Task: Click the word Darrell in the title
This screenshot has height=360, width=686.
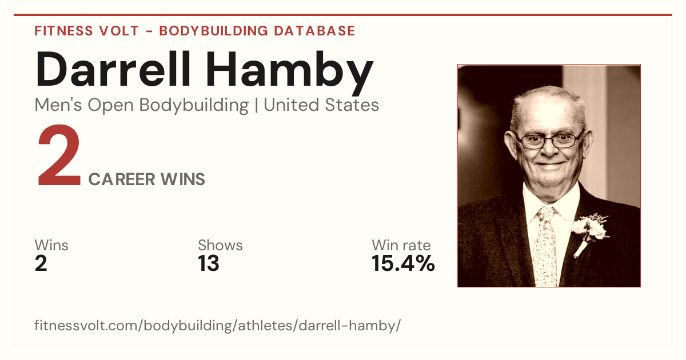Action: [x=113, y=69]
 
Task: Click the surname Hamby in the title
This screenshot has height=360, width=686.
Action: [x=289, y=73]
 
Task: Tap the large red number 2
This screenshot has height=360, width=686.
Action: [x=59, y=155]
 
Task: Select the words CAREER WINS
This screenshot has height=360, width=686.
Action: [x=147, y=179]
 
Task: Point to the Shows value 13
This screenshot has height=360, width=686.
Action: [x=209, y=263]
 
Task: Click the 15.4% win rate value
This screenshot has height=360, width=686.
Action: [x=403, y=263]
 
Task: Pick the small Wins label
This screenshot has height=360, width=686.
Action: [x=51, y=245]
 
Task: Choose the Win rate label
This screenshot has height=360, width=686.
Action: [x=401, y=245]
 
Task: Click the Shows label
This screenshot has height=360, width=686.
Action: [x=220, y=245]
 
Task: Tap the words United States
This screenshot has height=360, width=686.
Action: [x=321, y=105]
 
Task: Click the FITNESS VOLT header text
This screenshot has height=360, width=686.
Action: [x=87, y=31]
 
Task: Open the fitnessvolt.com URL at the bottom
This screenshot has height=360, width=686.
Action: [x=217, y=325]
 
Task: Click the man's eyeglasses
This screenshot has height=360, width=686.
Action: [x=550, y=140]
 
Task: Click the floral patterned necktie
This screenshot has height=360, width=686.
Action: [x=547, y=246]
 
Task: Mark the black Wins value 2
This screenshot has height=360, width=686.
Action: [x=41, y=263]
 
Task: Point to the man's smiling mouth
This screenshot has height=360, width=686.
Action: [x=550, y=165]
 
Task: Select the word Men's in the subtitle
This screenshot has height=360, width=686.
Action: [x=58, y=105]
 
